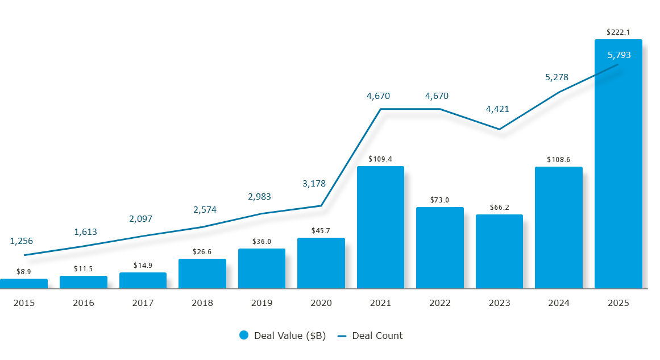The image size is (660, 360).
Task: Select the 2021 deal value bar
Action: [x=380, y=227]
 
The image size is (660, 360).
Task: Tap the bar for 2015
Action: [x=24, y=284]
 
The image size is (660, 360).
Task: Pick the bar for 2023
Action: [x=499, y=251]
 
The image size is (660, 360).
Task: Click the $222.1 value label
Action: [x=618, y=32]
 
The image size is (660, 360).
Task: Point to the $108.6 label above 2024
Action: [x=558, y=160]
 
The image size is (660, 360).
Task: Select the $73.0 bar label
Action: [x=439, y=200]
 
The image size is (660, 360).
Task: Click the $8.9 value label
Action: [x=24, y=272]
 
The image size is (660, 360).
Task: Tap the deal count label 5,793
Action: [x=619, y=55]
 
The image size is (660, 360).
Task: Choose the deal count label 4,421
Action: [x=497, y=109]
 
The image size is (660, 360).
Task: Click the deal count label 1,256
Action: [x=22, y=241]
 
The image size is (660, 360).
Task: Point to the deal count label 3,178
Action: [x=313, y=183]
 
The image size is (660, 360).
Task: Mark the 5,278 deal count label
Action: [x=557, y=77]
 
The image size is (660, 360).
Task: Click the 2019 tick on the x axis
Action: [x=261, y=303]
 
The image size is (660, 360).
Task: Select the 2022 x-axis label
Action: [x=439, y=303]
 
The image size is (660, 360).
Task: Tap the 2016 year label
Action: [x=83, y=303]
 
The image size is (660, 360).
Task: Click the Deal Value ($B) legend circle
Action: [x=244, y=336]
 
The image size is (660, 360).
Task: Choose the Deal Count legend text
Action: [x=377, y=336]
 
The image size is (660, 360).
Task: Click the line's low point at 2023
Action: [x=499, y=129]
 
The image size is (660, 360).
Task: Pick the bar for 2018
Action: [x=202, y=274]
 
